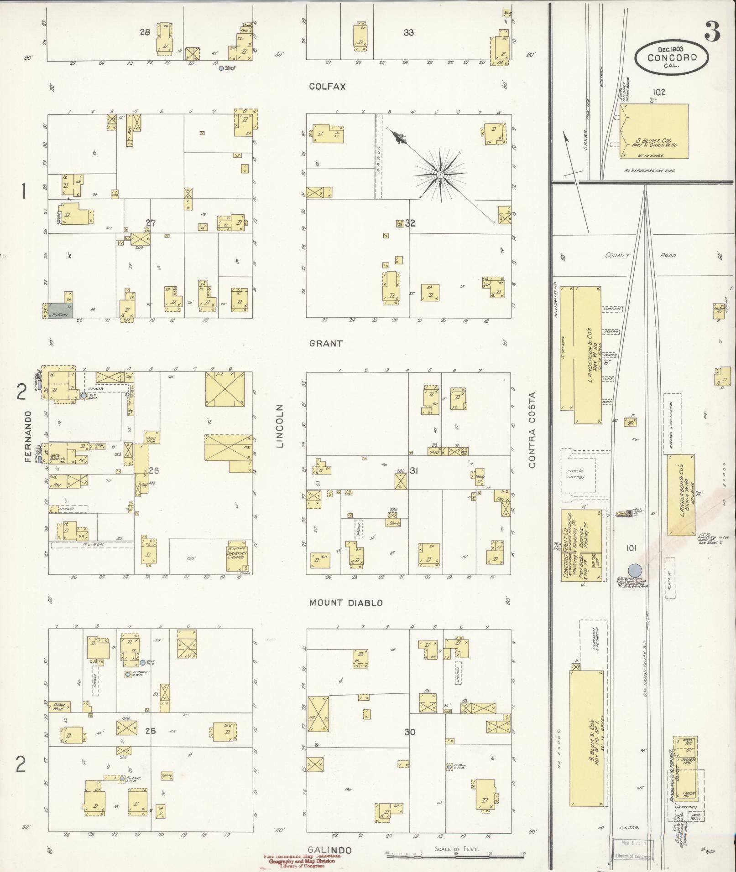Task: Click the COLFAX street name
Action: click(x=327, y=87)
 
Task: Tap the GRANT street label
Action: click(x=326, y=344)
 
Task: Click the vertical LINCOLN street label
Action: click(x=280, y=426)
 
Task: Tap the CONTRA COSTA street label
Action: click(x=532, y=430)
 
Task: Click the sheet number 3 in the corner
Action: click(x=712, y=32)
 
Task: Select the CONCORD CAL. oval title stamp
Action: click(x=672, y=57)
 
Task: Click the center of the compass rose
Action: click(x=440, y=175)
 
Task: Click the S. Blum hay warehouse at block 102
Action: click(x=654, y=131)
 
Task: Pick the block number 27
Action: click(x=151, y=223)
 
